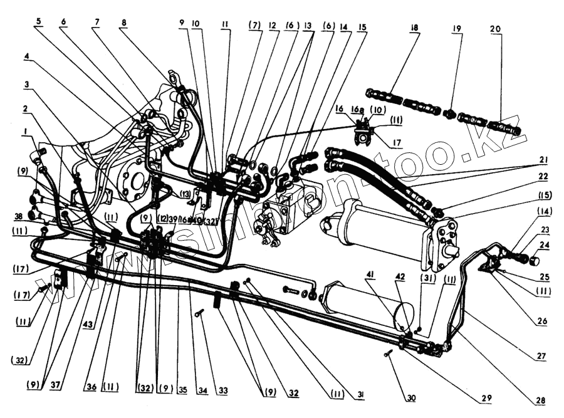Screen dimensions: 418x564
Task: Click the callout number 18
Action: pos(415,29)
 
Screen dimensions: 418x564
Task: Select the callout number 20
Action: pos(496,29)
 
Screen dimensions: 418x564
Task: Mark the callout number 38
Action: pos(20,216)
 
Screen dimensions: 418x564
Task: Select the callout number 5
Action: pos(38,20)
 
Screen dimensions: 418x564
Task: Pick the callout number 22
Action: pos(542,176)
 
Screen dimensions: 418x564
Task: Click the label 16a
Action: pos(358,109)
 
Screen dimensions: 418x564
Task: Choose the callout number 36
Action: pos(91,388)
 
